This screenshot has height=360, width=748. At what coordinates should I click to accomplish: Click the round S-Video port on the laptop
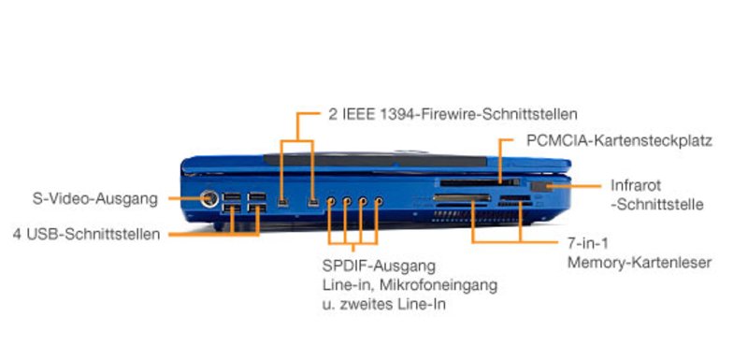click(x=209, y=199)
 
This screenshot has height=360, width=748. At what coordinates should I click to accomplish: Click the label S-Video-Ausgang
click(x=95, y=199)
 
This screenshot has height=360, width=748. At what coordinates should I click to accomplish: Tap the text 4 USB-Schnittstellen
click(x=86, y=235)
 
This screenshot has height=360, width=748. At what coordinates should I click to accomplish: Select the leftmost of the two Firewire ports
click(x=283, y=203)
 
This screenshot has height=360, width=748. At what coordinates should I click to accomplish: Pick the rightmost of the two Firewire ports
click(x=313, y=203)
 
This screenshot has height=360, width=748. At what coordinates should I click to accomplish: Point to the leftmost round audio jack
click(x=331, y=202)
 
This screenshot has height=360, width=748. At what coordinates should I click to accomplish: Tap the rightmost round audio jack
click(x=379, y=202)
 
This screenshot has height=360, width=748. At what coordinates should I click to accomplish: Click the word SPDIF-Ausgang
click(x=380, y=266)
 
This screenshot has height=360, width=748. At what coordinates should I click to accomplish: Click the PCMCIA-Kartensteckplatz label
click(x=620, y=140)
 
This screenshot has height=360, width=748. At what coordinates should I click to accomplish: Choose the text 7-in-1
click(x=588, y=243)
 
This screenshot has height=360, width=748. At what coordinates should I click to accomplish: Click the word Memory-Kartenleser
click(x=640, y=262)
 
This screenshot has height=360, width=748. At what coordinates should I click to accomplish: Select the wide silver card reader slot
click(x=462, y=198)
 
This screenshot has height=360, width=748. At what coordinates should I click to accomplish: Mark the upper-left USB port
click(x=231, y=197)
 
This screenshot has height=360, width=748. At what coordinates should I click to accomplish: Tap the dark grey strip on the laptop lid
click(x=376, y=160)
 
